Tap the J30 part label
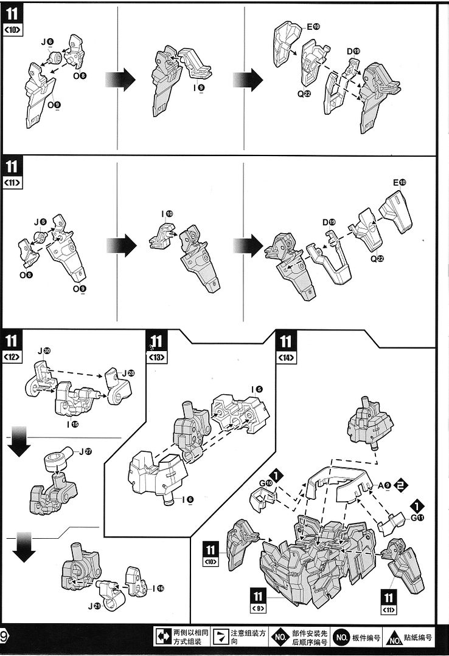[44, 351]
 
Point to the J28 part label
[128, 372]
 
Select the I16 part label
[159, 587]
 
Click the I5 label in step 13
[256, 388]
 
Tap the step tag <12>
[13, 357]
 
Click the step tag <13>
[156, 357]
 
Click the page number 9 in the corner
[4, 637]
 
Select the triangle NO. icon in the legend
[395, 638]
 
